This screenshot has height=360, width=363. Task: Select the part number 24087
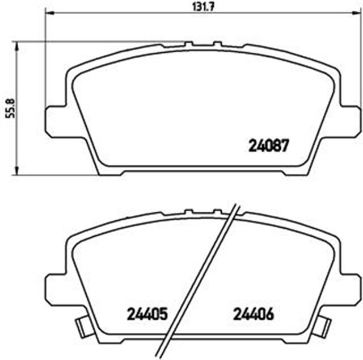click(x=269, y=145)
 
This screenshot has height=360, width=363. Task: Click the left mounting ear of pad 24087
click(x=56, y=120)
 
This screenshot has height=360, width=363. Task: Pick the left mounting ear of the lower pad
click(x=56, y=287)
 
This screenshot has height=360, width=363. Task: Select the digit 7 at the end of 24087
click(x=286, y=145)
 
